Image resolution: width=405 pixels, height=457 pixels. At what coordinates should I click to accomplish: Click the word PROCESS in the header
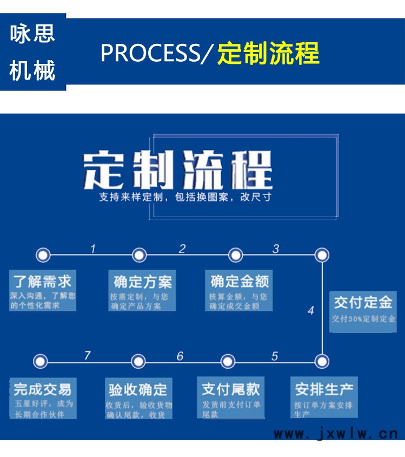coord(150,54)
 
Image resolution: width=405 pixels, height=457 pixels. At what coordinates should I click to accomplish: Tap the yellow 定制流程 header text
coord(268,54)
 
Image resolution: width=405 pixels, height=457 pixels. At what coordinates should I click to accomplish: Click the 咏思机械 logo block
coord(33,53)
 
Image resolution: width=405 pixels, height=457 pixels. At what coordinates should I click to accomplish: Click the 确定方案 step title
coord(143,282)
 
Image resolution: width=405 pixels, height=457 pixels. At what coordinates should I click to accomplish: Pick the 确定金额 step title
coord(240,282)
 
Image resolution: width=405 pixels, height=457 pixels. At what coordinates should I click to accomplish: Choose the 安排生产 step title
coord(324,389)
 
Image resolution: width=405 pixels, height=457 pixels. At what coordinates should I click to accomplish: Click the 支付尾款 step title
coord(231,389)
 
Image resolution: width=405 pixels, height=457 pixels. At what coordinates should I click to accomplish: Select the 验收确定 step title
coord(138,389)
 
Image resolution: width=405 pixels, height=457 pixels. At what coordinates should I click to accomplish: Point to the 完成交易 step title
coord(43,389)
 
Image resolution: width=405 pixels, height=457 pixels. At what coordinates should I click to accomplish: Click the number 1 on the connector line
coord(93,249)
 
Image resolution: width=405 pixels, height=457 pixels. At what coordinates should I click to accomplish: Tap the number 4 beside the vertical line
coord(310,311)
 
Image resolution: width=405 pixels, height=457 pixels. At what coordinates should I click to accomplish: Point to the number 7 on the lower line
coord(88,356)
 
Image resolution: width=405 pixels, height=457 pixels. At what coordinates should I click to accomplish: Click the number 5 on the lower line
coord(275,356)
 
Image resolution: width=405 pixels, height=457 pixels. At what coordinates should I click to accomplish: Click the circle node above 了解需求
coord(43,254)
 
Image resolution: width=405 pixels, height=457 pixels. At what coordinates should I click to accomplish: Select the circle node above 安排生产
coord(322,361)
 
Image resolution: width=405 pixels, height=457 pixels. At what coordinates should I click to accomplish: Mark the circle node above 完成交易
coord(41,361)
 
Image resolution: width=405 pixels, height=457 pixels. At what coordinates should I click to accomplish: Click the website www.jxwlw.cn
coord(336,433)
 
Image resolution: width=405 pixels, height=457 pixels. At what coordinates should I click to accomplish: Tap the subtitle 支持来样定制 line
coord(184,197)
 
